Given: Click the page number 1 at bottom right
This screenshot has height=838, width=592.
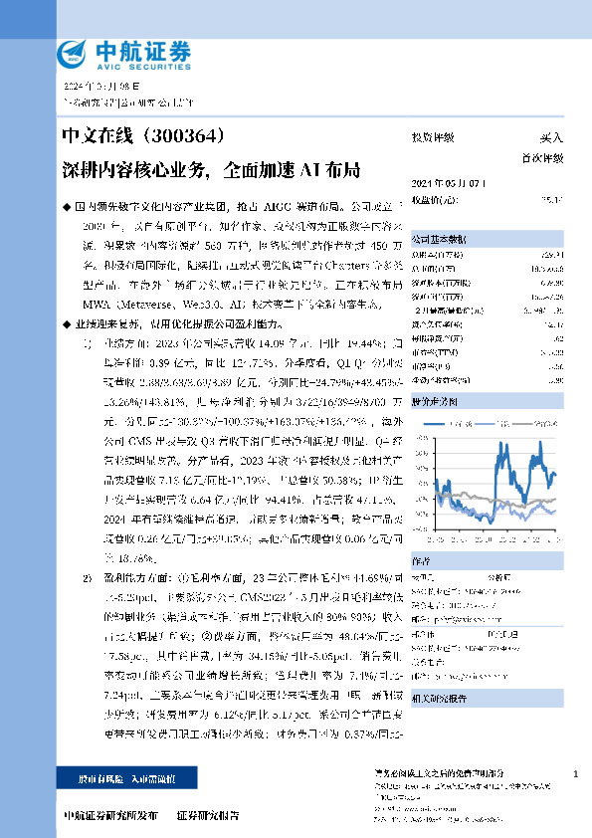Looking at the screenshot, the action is point(576,774).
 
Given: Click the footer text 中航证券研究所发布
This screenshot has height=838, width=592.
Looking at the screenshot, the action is point(108,814).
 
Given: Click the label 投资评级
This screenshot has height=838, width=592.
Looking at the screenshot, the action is point(433,138).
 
